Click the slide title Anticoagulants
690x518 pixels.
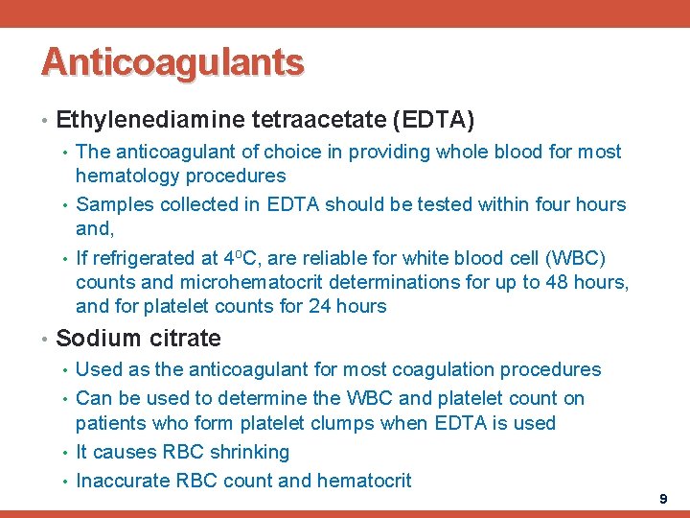click(172, 62)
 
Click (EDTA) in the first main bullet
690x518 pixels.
click(434, 120)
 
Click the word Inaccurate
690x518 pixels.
click(122, 481)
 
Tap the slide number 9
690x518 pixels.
click(663, 500)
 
